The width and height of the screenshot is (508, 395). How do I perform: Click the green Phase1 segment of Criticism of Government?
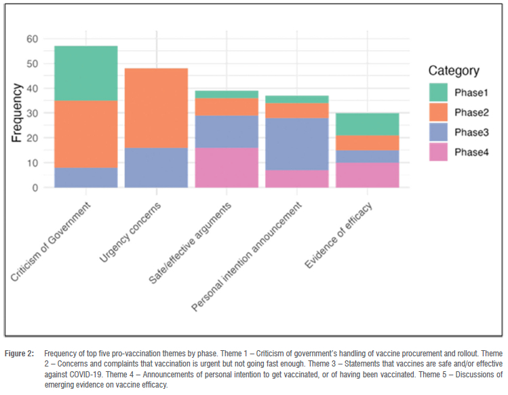tap(86, 73)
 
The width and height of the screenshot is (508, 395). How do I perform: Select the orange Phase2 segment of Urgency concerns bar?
tap(157, 108)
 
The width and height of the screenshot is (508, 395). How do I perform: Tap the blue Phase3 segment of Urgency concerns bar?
tap(157, 168)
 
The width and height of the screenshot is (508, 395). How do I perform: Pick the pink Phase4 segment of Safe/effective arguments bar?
tap(227, 168)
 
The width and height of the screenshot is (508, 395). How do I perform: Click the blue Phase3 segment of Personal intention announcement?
tap(297, 144)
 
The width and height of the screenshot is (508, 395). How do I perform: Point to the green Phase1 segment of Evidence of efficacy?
tap(368, 124)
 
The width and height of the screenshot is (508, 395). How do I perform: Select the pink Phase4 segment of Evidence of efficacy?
tap(368, 175)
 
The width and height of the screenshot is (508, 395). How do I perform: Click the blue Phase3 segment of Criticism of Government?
tap(86, 177)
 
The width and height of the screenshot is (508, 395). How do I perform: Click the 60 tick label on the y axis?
tap(33, 39)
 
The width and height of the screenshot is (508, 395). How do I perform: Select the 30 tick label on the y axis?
tap(33, 113)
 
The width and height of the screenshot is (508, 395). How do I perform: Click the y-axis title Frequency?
tap(16, 113)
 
